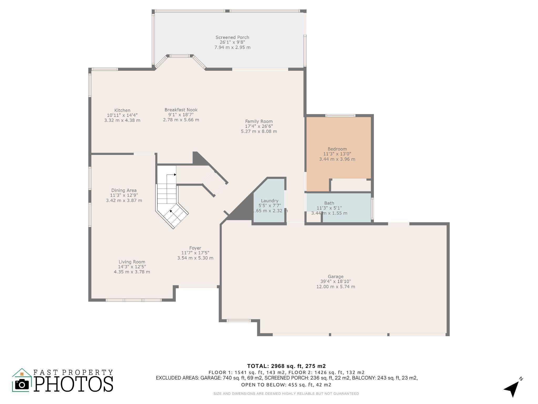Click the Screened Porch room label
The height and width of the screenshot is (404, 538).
[x=232, y=37]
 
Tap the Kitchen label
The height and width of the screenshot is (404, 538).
[x=122, y=110]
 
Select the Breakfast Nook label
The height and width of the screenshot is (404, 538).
[x=181, y=110]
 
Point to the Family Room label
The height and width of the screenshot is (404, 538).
[x=259, y=122]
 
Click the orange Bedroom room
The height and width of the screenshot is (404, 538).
[x=338, y=147]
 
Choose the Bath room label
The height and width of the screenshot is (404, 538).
[x=329, y=203]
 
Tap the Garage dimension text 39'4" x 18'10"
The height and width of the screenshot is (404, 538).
[x=335, y=281]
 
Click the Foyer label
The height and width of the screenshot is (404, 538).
[x=195, y=248]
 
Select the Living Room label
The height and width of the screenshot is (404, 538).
[x=132, y=262]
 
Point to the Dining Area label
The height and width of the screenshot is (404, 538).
[x=124, y=190]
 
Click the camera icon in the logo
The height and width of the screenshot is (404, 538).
[x=22, y=385]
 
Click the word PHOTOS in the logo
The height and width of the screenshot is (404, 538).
[x=74, y=384]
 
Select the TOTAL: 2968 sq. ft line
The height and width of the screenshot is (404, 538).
[x=286, y=366]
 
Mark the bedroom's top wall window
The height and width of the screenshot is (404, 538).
[x=340, y=115]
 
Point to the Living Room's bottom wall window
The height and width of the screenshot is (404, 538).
[x=133, y=300]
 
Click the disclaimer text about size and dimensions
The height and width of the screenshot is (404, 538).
[x=286, y=394]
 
